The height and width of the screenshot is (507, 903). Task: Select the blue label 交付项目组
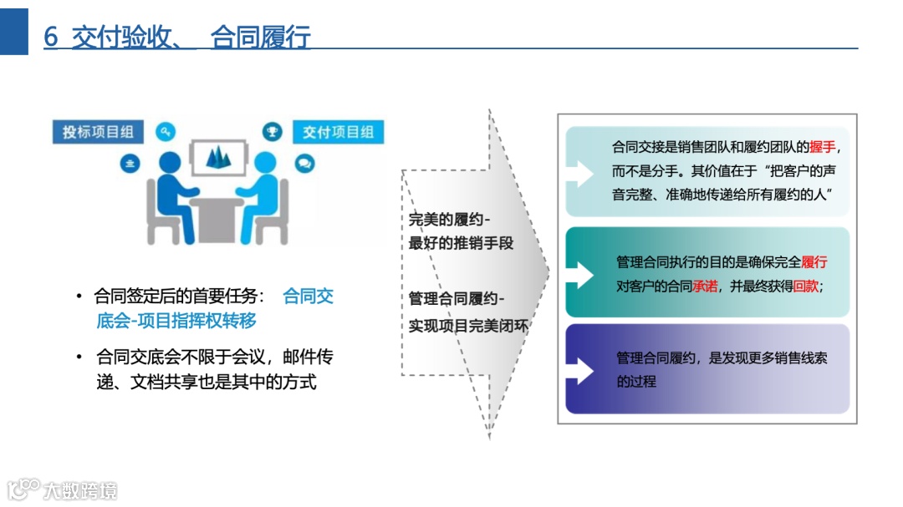338,132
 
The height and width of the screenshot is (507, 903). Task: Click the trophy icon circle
272,131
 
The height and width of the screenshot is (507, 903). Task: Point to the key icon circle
166,131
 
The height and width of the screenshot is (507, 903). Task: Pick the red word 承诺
705,286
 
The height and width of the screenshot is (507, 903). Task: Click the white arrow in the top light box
581,174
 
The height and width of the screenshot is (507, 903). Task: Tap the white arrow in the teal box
581,272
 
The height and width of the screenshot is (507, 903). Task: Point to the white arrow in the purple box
581,369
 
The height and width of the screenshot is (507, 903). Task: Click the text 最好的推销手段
461,244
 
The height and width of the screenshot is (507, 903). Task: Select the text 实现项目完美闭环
468,326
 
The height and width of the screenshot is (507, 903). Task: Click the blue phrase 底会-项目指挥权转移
176,321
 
